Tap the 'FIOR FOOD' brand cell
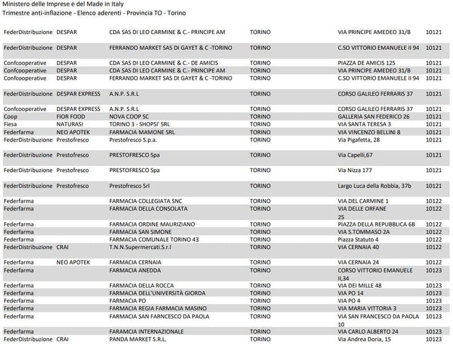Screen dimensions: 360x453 [x=71, y=117]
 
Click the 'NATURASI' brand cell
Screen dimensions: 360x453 [x=70, y=125]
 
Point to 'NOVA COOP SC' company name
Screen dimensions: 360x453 [x=129, y=117]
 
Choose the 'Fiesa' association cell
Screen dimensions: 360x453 [x=11, y=125]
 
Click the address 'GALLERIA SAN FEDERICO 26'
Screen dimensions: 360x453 [x=374, y=117]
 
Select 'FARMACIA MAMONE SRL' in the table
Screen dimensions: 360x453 [x=142, y=132]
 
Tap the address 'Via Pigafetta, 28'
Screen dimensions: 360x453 [x=358, y=140]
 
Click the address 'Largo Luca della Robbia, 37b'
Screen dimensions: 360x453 [x=374, y=186]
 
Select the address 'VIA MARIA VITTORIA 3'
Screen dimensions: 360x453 [x=367, y=308]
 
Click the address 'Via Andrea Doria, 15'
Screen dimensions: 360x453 [x=364, y=339]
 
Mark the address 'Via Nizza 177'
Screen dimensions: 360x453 [x=355, y=170]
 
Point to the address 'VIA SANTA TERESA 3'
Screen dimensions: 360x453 [x=364, y=125]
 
